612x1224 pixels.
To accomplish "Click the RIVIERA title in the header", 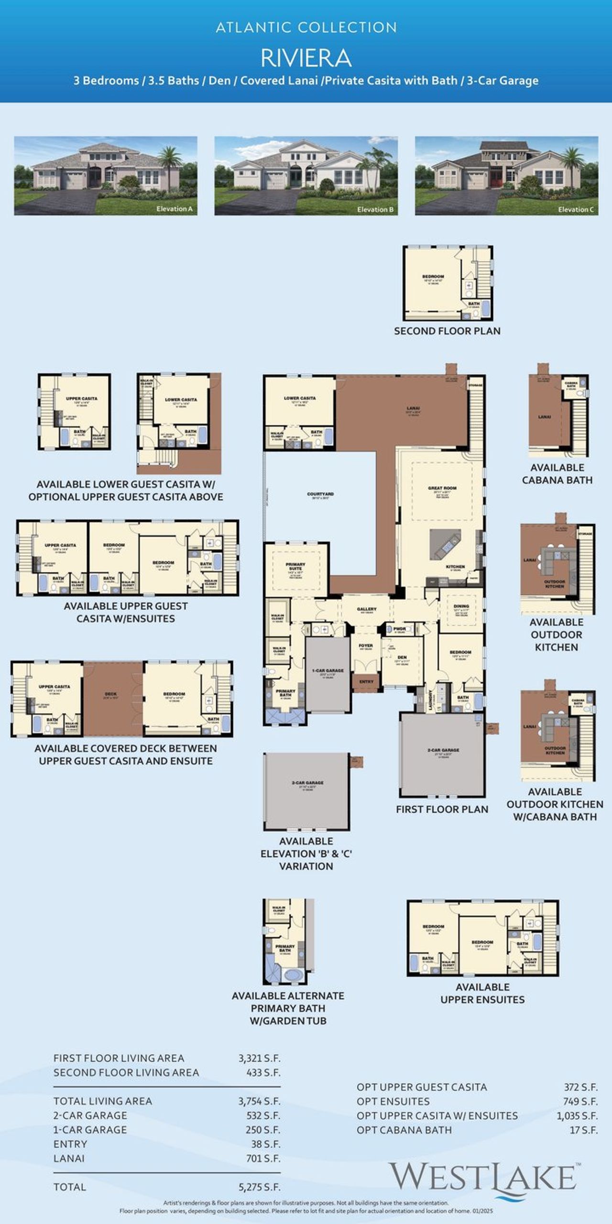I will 306,58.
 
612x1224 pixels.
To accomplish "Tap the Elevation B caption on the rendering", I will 375,209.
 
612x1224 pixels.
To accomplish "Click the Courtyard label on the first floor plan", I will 320,495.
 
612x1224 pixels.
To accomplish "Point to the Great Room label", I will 442,489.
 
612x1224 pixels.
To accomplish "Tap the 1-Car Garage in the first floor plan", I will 328,672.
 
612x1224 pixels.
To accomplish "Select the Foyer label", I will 366,646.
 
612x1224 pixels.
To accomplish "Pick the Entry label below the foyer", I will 366,682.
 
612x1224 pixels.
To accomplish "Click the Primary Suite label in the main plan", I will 295,566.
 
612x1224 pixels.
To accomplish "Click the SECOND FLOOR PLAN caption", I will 447,331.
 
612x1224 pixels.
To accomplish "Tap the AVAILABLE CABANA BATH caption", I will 557,473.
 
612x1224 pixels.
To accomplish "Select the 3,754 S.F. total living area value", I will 259,1101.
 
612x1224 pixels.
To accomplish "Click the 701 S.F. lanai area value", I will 263,1158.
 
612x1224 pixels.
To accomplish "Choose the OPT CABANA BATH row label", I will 404,1130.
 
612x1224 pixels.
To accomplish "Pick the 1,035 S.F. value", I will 577,1115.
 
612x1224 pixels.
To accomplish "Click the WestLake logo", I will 483,1178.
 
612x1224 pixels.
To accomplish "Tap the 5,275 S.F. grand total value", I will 259,1187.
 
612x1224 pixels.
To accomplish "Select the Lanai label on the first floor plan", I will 413,409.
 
